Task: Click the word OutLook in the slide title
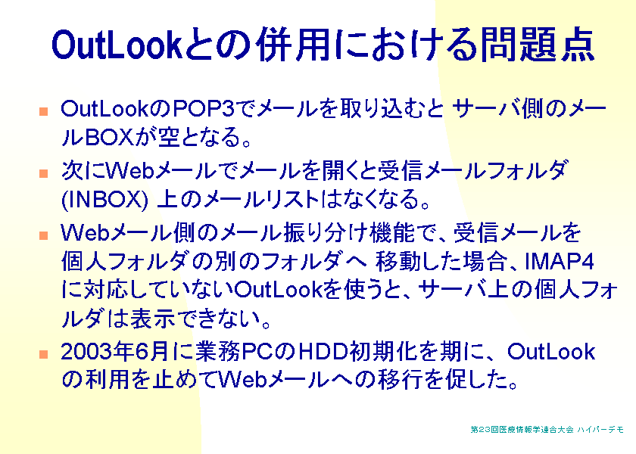tap(117, 44)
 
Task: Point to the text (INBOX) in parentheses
tap(105, 200)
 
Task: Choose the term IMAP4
tap(560, 261)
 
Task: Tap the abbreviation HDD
tap(323, 351)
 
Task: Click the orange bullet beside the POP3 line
tap(43, 111)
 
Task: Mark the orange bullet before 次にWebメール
tap(43, 173)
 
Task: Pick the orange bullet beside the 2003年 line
tap(43, 354)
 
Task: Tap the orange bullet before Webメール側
tap(43, 235)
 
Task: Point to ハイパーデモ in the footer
tap(600, 429)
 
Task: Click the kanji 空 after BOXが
tap(169, 137)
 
